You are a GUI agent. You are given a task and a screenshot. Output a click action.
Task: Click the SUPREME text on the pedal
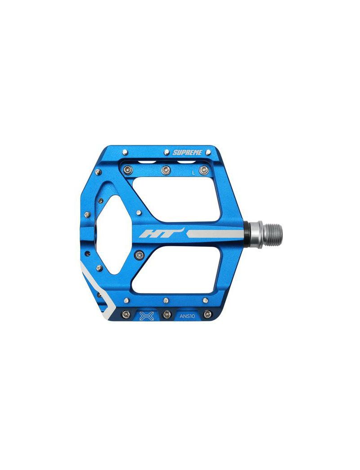click(188, 152)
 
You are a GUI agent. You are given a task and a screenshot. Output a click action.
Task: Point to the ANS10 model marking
click(187, 316)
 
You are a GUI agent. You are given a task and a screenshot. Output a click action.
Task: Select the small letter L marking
click(194, 172)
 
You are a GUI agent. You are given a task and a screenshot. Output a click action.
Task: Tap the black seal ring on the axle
click(247, 234)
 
